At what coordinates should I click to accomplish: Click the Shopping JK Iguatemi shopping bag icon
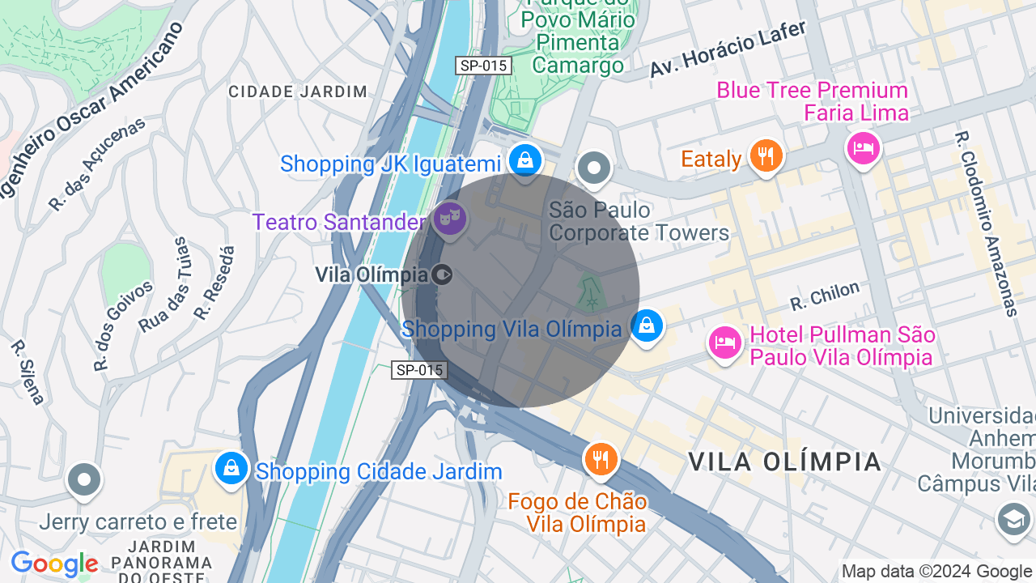click(525, 160)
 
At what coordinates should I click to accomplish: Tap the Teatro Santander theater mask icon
click(449, 218)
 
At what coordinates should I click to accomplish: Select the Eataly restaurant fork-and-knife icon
click(765, 155)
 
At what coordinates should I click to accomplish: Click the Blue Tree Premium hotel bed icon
click(863, 148)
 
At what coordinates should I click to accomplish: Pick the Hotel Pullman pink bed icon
click(725, 343)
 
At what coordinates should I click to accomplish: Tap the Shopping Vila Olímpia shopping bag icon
click(646, 326)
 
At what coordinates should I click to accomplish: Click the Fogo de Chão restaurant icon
click(601, 459)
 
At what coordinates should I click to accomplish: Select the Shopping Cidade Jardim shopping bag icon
click(232, 469)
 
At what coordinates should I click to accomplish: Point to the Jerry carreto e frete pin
click(84, 479)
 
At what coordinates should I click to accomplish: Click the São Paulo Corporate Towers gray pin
click(595, 168)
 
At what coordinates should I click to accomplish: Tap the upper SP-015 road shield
click(482, 66)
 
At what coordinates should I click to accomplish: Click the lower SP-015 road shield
click(419, 370)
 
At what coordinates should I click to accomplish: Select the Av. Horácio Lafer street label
click(728, 49)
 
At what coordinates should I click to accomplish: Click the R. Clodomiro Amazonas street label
click(985, 223)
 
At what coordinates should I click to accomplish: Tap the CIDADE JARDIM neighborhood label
click(298, 91)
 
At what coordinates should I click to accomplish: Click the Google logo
click(54, 564)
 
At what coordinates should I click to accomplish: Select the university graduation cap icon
click(1014, 519)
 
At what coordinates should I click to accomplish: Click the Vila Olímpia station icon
click(443, 274)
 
